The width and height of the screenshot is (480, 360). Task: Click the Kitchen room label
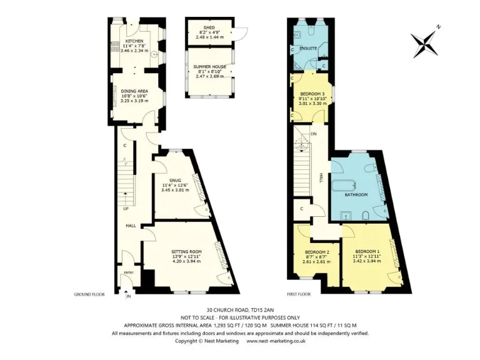point(134,41)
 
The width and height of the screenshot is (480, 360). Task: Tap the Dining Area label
point(134,91)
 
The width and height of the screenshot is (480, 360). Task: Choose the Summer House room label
point(209,66)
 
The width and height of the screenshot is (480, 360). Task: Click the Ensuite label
point(307,47)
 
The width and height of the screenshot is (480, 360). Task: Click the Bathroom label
point(356,195)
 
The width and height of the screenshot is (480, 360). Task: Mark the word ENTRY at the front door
point(129,272)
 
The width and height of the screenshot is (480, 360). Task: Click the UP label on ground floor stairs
point(126,209)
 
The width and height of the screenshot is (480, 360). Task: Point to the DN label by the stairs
point(313,134)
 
